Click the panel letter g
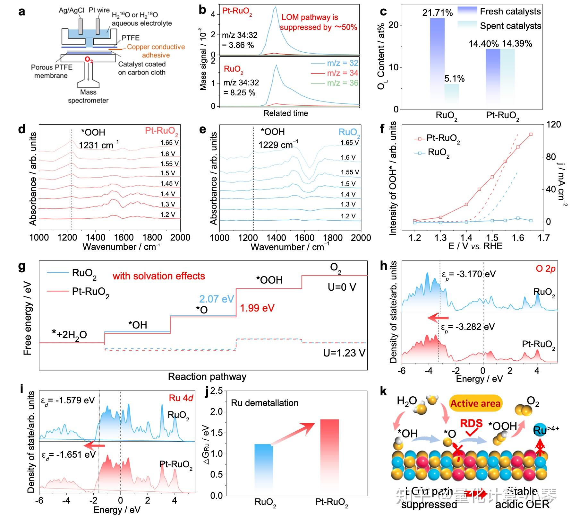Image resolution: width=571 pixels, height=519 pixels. (22, 266)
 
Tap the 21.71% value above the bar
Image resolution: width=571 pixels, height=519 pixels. (438, 13)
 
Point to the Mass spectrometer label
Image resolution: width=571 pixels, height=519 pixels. (88, 96)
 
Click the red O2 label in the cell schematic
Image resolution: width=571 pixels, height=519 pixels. (89, 60)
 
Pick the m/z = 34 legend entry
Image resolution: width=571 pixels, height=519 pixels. (335, 73)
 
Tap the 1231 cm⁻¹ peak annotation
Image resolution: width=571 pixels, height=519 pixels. (98, 145)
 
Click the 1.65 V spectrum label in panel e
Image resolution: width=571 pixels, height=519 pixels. (350, 143)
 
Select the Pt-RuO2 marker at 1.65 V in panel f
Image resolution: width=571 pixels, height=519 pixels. (531, 134)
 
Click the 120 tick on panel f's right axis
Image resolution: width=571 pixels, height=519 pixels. (554, 125)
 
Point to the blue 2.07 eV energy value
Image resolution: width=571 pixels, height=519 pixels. (217, 299)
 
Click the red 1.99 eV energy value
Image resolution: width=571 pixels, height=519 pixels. (257, 308)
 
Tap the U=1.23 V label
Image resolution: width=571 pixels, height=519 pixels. (344, 353)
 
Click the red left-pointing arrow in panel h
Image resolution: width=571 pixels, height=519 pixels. (438, 318)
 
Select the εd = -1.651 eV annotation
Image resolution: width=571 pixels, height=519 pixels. (69, 455)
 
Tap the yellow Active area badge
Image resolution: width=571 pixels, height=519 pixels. (475, 403)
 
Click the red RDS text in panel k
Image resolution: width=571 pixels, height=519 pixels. (471, 423)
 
